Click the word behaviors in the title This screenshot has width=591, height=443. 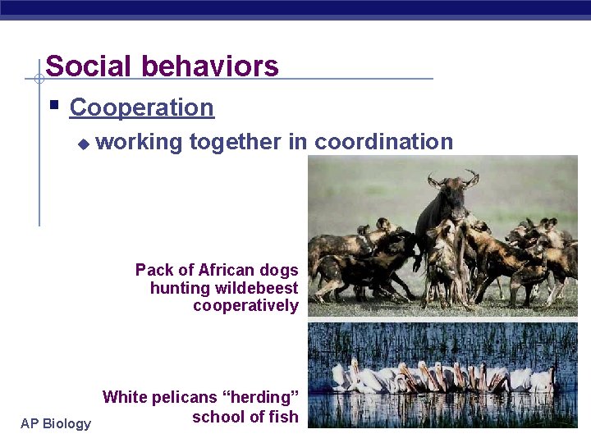pos(214,66)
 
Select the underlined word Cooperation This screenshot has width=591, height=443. pos(141,107)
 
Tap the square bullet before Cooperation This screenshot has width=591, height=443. pos(53,106)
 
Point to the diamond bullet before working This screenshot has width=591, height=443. pos(82,144)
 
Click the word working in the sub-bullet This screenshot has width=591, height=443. pos(139,142)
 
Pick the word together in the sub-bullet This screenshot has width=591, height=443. pos(235,142)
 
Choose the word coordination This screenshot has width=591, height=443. pos(383,142)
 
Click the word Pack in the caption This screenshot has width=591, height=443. pos(153,270)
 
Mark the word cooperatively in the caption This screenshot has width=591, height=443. pos(245,306)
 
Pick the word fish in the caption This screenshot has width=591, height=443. pos(284,417)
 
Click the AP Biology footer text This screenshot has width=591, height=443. pos(56,423)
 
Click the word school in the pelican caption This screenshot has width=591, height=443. pos(218,417)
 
